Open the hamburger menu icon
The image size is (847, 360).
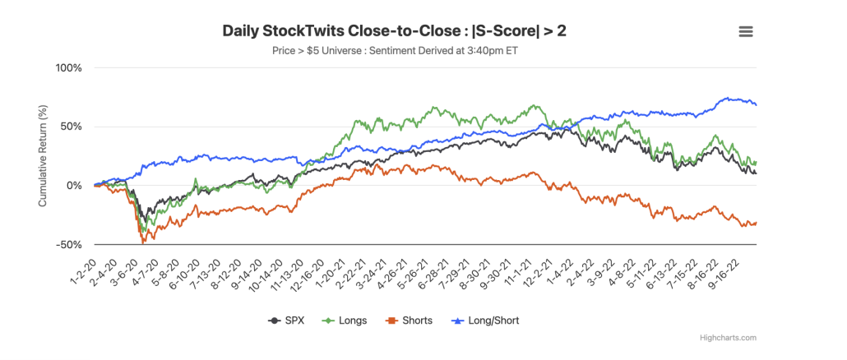(746, 31)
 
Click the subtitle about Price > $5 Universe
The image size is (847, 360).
(395, 51)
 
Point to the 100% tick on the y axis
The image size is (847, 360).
(70, 68)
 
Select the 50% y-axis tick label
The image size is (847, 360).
(72, 127)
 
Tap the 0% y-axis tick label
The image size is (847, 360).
(76, 186)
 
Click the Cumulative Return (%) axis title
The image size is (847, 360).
(43, 156)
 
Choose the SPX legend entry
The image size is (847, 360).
(288, 321)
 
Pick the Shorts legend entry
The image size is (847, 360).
(411, 321)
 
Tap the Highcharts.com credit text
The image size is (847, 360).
(728, 338)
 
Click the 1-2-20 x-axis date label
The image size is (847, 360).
(82, 265)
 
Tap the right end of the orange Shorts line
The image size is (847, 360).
(756, 222)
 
